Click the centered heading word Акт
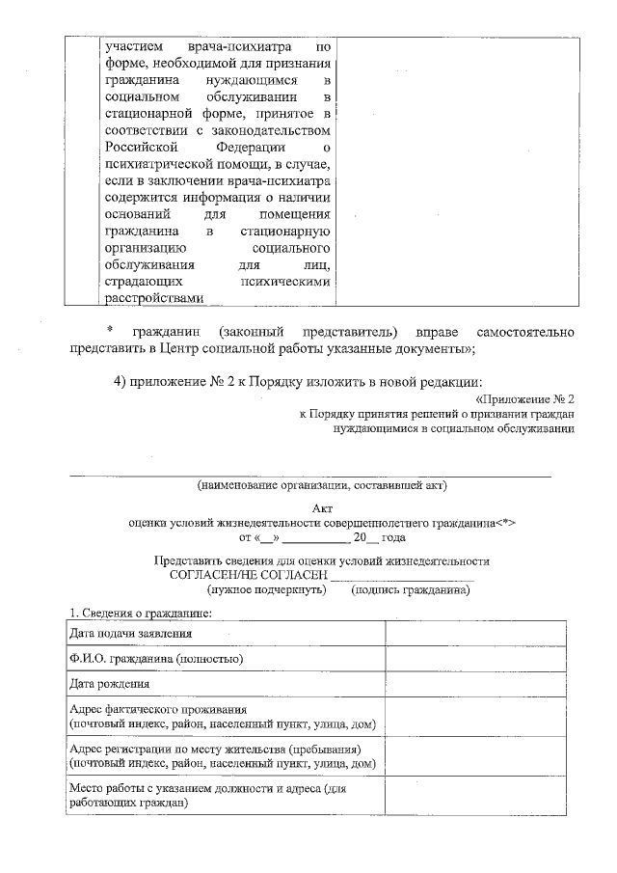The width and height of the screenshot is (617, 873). tap(323, 508)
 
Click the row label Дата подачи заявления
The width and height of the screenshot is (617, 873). tap(130, 634)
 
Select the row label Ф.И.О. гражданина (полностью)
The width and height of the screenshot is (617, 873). tap(155, 659)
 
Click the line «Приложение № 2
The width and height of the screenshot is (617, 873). tap(524, 398)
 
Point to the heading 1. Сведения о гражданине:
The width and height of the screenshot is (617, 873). tap(138, 613)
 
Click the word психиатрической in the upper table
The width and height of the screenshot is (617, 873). tap(155, 164)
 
